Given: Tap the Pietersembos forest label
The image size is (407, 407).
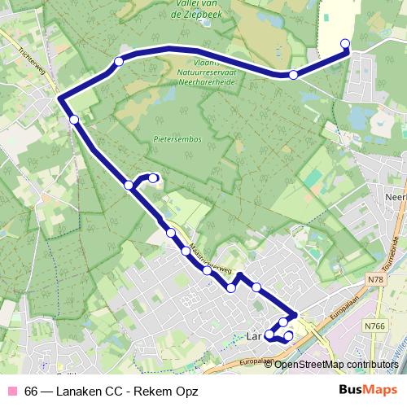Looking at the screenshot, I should pos(177,139).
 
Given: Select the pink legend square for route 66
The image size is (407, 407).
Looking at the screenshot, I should pos(13,391).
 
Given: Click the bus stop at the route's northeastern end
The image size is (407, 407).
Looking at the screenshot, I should pos(344,44).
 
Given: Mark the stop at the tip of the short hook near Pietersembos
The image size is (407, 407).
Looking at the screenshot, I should pos(153,178).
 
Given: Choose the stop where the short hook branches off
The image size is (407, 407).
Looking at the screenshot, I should pos(129,186).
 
